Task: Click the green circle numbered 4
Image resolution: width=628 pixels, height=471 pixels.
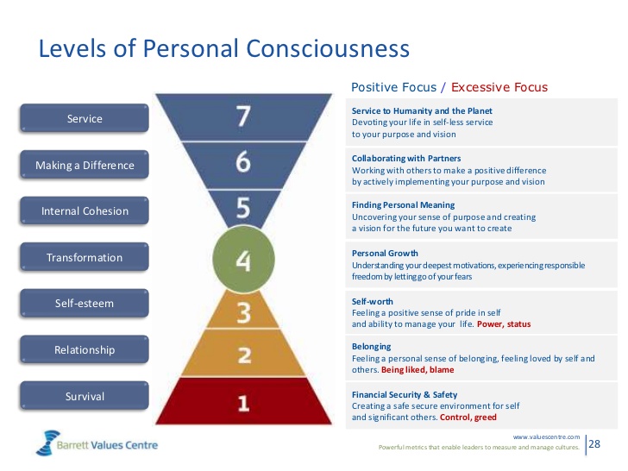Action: point(243,259)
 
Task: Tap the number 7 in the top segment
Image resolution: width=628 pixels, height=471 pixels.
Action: point(243,116)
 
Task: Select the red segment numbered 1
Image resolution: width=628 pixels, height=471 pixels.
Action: point(243,401)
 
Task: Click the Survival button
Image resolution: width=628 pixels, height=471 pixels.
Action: point(85,396)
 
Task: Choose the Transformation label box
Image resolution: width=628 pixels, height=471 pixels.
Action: point(85,257)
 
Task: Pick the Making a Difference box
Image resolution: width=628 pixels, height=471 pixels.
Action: point(85,165)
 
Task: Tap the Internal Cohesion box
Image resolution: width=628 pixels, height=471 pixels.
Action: point(85,210)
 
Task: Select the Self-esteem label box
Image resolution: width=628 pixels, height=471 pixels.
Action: point(85,303)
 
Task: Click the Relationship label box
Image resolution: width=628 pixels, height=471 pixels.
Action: point(85,349)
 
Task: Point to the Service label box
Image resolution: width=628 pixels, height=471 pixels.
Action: point(85,118)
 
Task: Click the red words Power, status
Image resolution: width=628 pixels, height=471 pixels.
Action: point(504,324)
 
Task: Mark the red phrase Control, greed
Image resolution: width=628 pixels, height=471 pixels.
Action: point(468,418)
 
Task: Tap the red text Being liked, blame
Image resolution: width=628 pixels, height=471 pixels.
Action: point(418,370)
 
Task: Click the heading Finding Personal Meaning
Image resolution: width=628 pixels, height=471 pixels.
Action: point(404,205)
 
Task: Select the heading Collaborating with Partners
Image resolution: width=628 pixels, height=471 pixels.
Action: point(406,158)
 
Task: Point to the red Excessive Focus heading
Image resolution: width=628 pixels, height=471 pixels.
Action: point(499,87)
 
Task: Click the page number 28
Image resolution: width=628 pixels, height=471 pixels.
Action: point(594,443)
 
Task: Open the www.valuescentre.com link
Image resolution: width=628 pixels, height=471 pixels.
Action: point(546,437)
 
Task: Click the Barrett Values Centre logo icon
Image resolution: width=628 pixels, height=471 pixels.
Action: point(47,443)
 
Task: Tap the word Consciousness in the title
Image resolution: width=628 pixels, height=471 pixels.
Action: point(328,48)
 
